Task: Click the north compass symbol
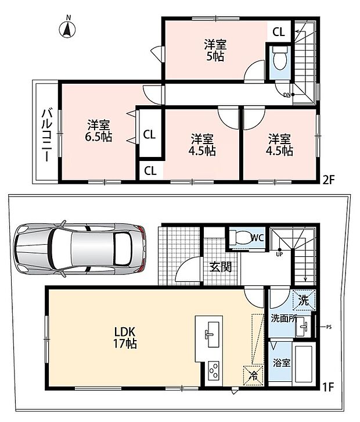(x=67, y=28)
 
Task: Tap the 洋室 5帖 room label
(x=215, y=51)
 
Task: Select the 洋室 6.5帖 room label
(x=98, y=131)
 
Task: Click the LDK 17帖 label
(x=125, y=338)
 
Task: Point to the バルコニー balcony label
(x=47, y=135)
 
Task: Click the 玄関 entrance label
(x=221, y=267)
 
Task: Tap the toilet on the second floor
(x=280, y=58)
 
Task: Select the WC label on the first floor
(x=257, y=238)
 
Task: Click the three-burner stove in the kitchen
(x=214, y=371)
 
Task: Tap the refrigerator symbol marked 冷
(x=253, y=375)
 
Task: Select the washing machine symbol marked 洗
(x=304, y=300)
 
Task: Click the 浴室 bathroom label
(x=282, y=363)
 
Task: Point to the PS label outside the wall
(x=329, y=327)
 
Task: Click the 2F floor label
(x=328, y=180)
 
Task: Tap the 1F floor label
(x=328, y=387)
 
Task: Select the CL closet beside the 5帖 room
(x=279, y=32)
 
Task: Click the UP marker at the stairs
(x=279, y=254)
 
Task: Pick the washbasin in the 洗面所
(x=303, y=327)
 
